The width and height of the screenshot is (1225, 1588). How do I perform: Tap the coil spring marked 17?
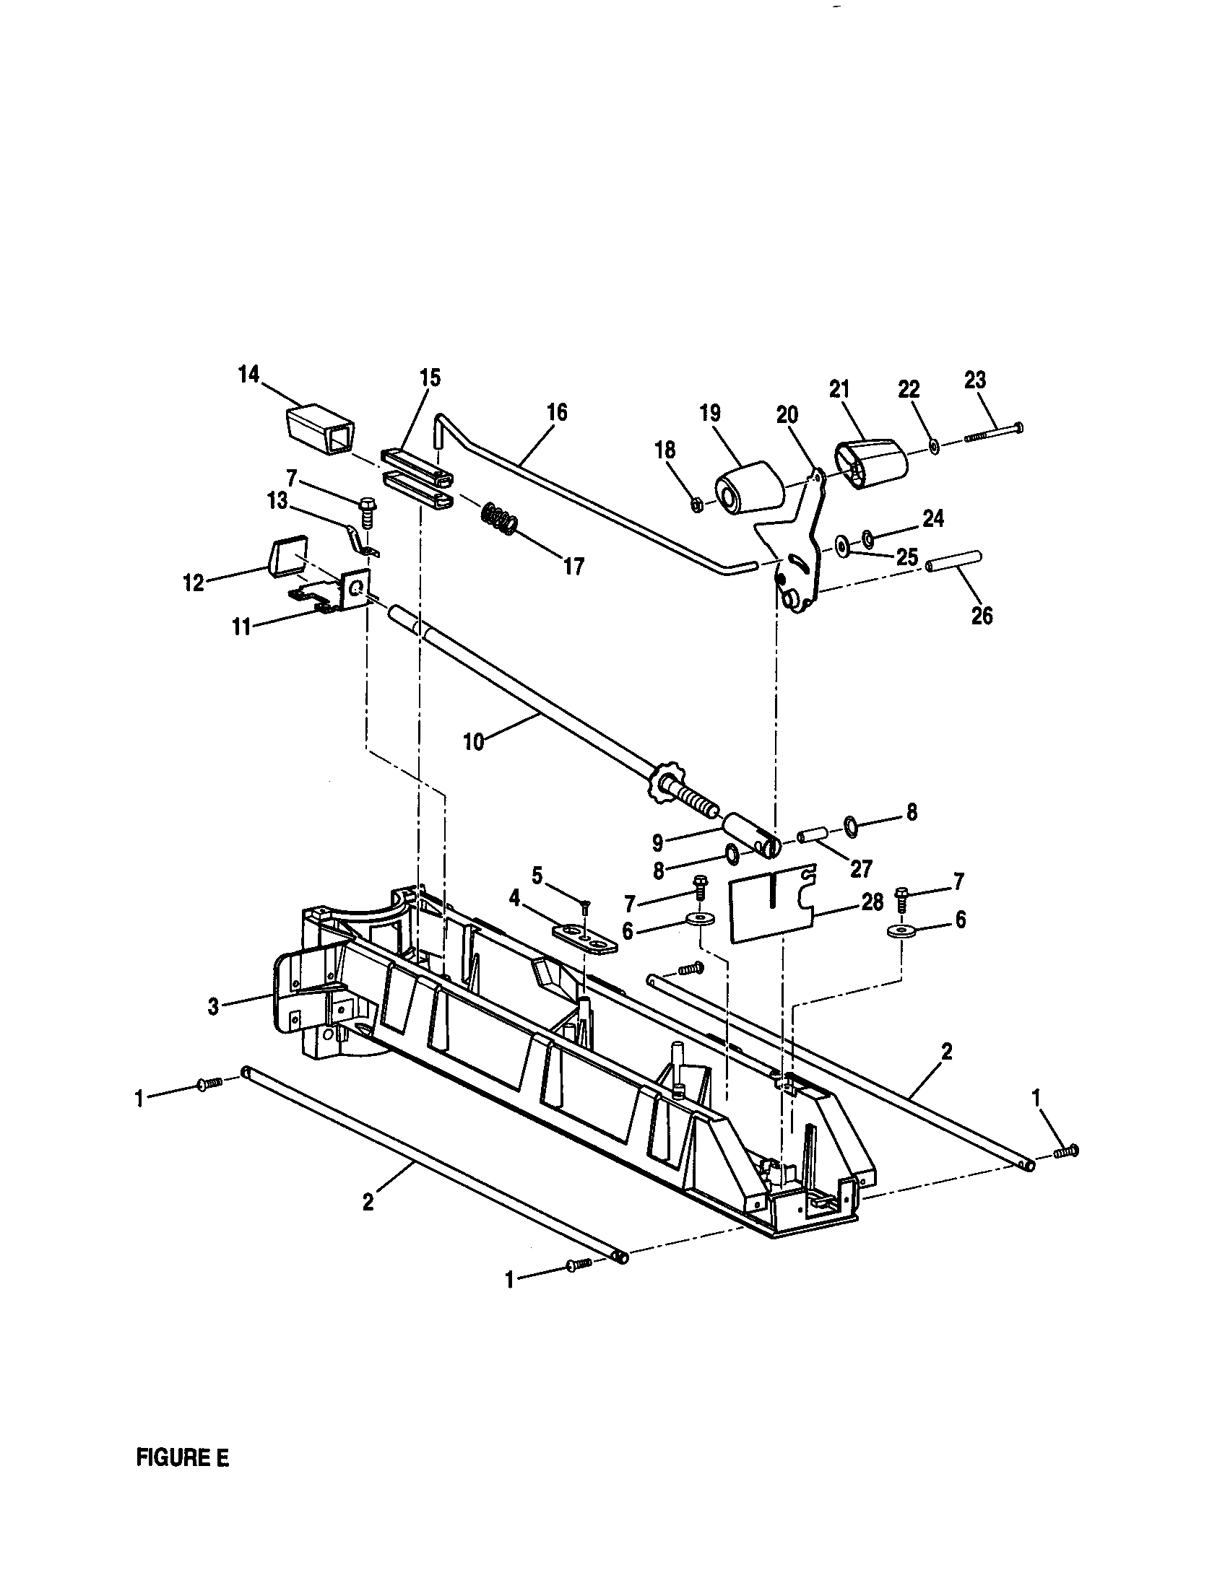pos(500,520)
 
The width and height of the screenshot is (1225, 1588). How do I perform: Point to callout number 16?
pos(558,412)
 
